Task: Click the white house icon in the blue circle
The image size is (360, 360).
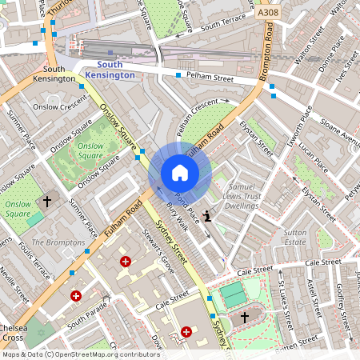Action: tap(180, 173)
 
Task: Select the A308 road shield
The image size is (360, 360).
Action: tap(269, 14)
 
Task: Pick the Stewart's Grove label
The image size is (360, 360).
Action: tap(159, 253)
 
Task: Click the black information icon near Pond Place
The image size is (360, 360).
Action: tap(209, 215)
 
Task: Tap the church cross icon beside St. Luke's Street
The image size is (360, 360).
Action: tap(245, 318)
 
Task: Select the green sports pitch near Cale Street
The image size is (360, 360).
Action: tap(234, 295)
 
